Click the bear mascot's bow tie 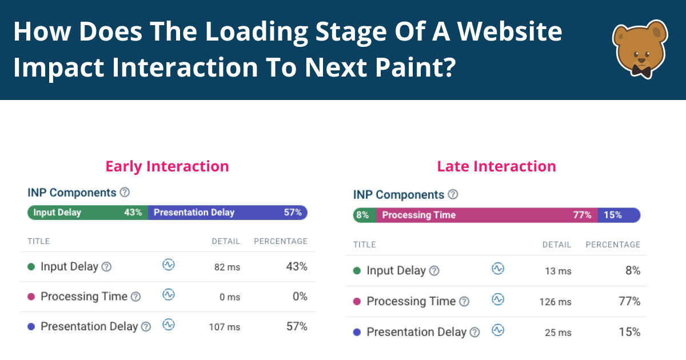[641, 70]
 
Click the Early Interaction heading [167, 166]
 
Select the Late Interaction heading [496, 166]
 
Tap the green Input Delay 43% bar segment [87, 213]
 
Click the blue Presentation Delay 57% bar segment [228, 213]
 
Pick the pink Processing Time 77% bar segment [486, 215]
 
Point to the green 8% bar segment [364, 215]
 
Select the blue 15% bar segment [619, 215]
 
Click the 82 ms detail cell [227, 266]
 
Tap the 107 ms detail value [225, 327]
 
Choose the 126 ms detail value [555, 302]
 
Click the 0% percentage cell [300, 297]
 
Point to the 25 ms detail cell [557, 333]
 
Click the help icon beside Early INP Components [125, 193]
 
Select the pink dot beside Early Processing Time [31, 297]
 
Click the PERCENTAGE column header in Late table [613, 245]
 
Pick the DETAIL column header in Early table [226, 241]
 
